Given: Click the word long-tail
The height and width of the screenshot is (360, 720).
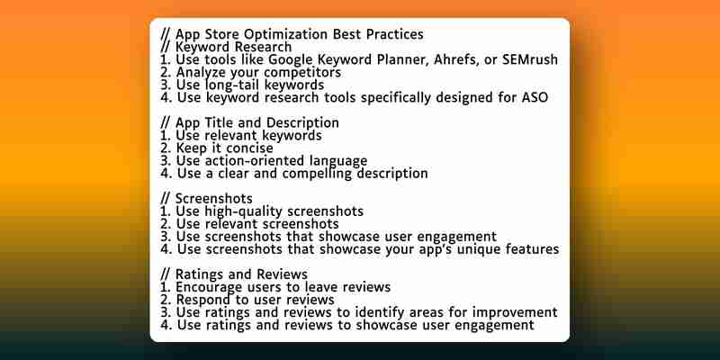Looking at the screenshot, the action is tap(229, 85).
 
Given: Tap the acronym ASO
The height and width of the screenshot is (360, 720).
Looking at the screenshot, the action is tap(535, 97).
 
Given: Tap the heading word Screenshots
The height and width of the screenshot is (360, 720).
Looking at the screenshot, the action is tap(214, 198).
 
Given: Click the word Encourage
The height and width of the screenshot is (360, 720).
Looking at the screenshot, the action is tap(209, 288).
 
